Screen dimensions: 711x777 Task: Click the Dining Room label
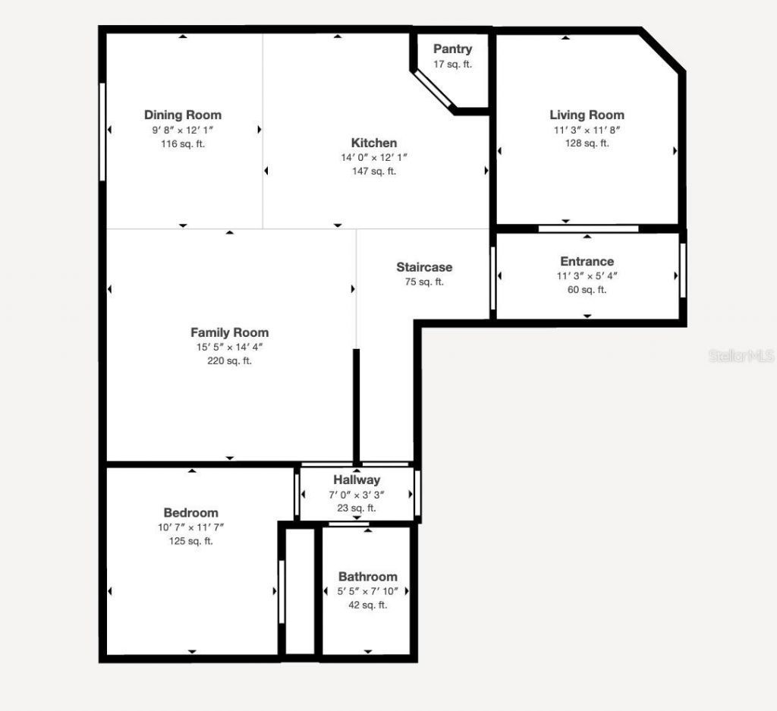183,115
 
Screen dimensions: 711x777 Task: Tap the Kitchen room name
374,143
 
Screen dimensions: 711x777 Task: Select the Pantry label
452,49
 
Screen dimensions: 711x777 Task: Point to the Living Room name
587,115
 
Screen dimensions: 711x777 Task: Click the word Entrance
587,262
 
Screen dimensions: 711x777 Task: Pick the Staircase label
424,267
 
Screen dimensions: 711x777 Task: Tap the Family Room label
229,332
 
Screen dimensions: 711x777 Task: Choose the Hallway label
357,480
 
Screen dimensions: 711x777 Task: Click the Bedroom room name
190,513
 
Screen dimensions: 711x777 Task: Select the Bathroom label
367,577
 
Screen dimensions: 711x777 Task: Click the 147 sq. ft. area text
374,171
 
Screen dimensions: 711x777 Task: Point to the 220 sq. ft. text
229,361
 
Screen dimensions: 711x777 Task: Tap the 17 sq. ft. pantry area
452,64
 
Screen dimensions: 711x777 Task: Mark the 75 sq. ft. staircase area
424,282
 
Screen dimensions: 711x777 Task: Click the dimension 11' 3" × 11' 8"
587,130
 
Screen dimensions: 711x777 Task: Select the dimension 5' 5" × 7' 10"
367,591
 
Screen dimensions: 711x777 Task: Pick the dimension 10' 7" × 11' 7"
190,527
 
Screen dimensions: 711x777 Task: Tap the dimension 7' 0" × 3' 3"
357,494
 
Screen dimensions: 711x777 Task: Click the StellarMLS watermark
741,355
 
